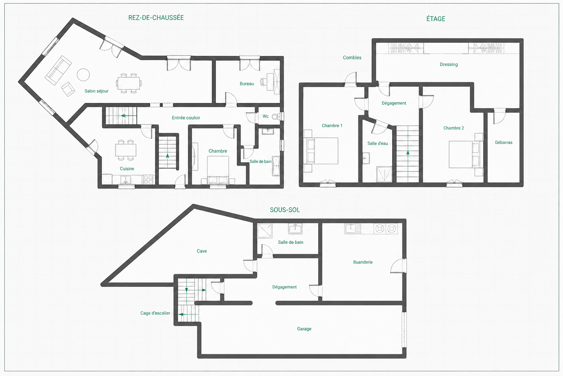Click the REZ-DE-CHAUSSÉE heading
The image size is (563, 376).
156,18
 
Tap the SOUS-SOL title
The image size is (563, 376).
285,210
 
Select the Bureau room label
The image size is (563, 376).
247,84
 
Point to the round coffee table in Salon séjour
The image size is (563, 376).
83,75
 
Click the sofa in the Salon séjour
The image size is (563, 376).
58,70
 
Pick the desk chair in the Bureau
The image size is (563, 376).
263,82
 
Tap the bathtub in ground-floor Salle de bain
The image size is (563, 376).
276,166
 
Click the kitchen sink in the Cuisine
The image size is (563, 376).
125,180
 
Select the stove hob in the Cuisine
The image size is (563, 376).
148,180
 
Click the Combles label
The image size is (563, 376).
352,58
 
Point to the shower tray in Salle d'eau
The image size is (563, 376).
384,174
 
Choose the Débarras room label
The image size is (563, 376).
503,142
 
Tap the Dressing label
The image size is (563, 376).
449,65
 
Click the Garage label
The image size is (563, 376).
304,329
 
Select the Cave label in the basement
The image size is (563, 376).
202,251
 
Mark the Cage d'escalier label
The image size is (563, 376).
155,313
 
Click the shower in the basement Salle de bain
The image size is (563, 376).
265,231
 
